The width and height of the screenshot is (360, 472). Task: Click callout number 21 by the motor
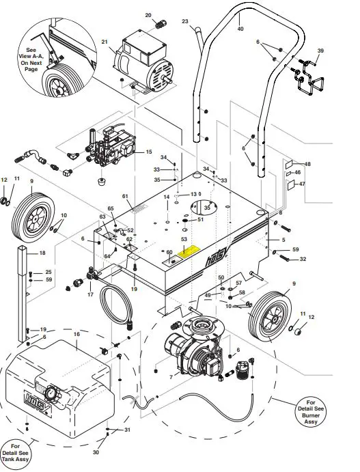[105, 42]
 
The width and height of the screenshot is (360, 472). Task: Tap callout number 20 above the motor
[148, 14]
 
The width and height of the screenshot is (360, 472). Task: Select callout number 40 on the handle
[240, 29]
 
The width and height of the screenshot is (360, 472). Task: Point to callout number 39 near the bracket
[320, 51]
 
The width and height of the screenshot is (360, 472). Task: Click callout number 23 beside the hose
[184, 23]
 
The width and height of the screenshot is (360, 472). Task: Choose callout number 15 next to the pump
[149, 152]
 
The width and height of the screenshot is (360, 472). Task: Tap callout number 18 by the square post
[42, 253]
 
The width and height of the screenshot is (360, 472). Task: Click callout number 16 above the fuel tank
[77, 335]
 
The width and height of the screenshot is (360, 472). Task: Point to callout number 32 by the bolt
[303, 260]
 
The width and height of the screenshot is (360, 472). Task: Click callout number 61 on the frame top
[125, 197]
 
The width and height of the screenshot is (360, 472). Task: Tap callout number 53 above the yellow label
[184, 240]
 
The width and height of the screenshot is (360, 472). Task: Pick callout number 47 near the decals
[303, 184]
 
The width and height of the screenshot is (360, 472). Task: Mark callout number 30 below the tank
[96, 452]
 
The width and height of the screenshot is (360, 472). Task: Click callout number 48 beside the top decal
[307, 165]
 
